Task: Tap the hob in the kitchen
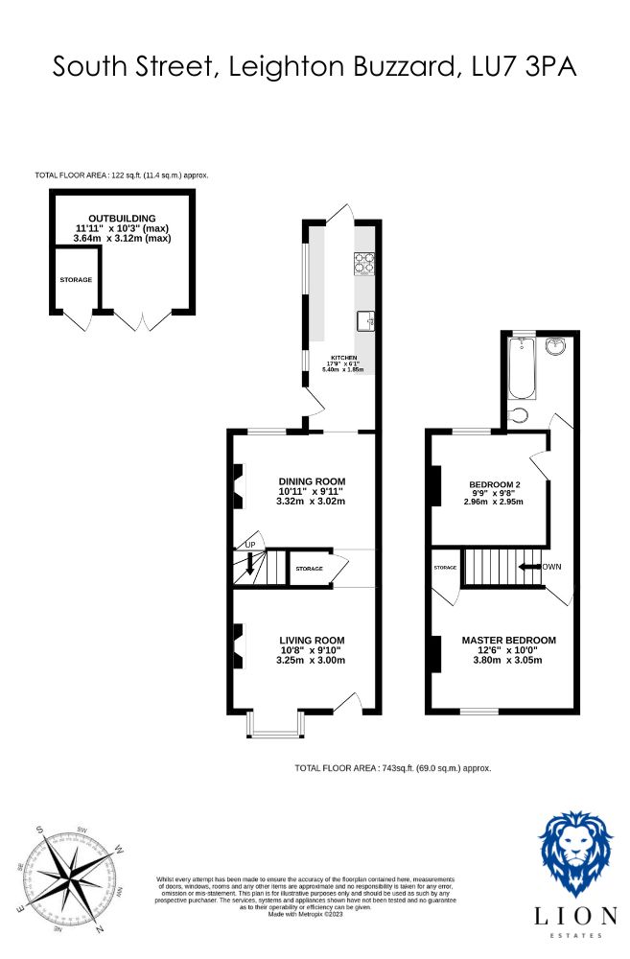[364, 262]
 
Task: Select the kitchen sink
[364, 320]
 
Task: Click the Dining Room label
[312, 481]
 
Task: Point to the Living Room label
[312, 641]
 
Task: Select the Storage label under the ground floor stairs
[309, 570]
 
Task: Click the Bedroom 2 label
[495, 484]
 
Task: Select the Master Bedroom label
[508, 641]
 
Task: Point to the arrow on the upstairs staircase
[528, 567]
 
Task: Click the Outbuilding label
[123, 219]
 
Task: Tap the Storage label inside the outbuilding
[76, 280]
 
